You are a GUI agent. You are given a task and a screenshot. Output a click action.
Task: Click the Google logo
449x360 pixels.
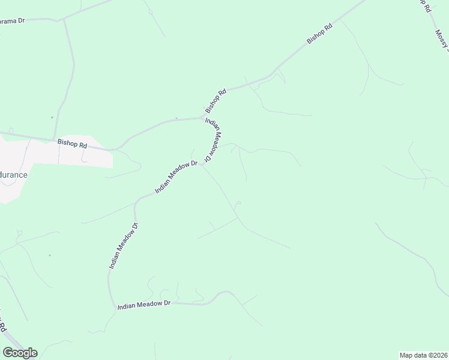20,353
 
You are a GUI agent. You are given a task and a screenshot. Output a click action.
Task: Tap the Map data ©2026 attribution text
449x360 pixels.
423,355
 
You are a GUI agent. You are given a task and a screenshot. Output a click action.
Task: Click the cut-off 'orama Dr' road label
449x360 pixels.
12,20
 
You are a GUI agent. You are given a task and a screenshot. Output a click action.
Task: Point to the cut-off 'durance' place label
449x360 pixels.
13,175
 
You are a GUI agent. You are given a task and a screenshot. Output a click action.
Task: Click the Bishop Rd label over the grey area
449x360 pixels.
72,144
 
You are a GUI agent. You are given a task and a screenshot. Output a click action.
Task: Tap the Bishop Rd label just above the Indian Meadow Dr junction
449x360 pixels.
215,101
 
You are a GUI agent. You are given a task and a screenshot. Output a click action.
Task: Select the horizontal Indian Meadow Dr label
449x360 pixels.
144,304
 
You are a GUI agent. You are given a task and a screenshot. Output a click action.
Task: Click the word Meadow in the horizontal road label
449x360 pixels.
148,304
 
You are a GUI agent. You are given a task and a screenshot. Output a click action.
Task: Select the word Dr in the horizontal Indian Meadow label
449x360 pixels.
167,304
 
